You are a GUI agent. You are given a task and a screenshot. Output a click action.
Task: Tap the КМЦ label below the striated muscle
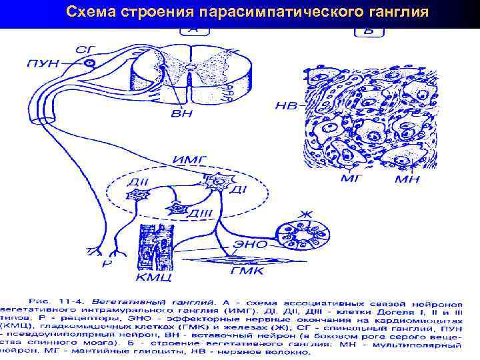(156, 276)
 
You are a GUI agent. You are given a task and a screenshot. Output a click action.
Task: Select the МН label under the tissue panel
(406, 178)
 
